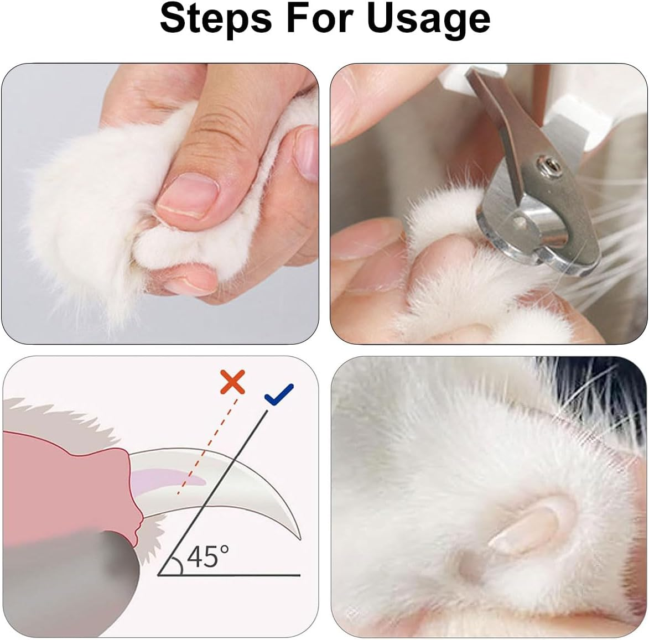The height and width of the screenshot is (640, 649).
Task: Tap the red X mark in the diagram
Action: pos(232,382)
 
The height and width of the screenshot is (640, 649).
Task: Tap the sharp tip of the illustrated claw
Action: pos(299,537)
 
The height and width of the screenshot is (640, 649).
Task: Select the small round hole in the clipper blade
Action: pos(521,222)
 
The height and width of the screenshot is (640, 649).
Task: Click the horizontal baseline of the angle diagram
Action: pos(249,575)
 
